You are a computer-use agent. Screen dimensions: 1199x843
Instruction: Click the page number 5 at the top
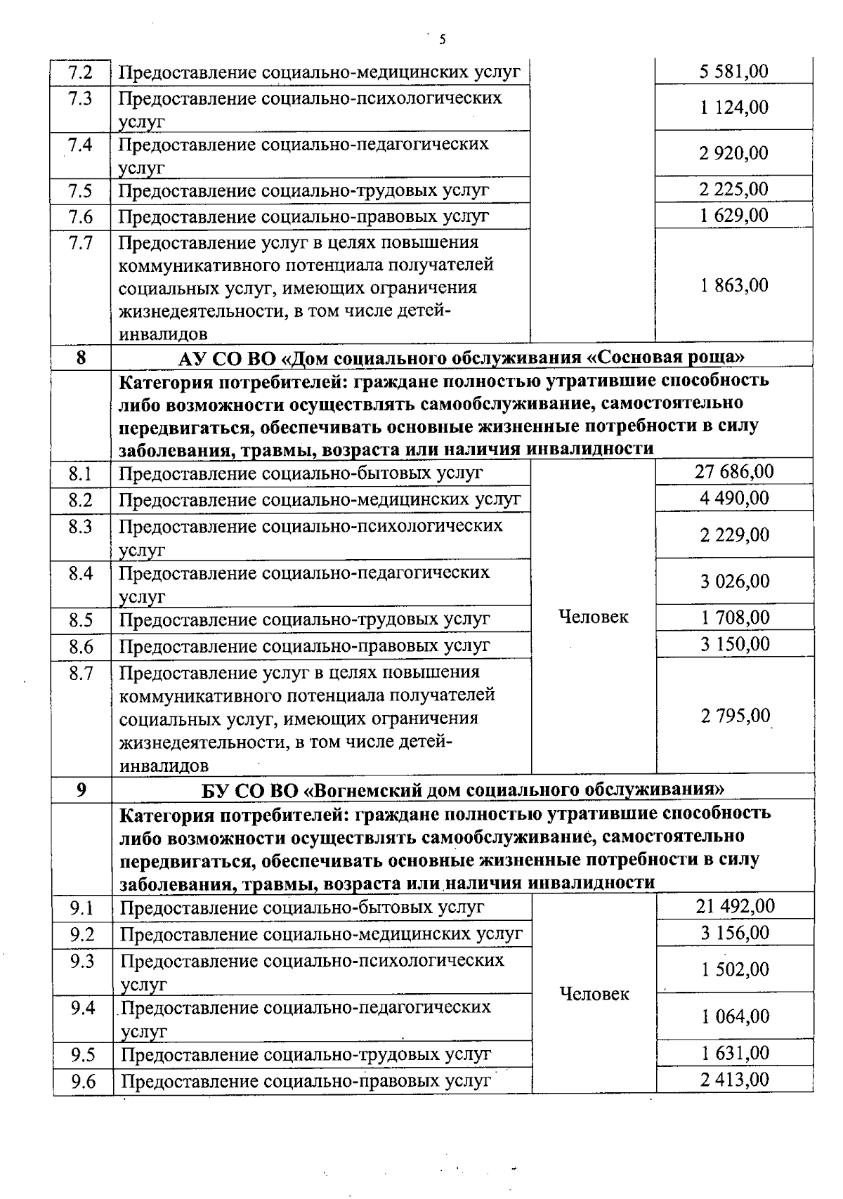click(x=442, y=39)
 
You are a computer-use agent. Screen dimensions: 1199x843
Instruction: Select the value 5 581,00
click(x=734, y=72)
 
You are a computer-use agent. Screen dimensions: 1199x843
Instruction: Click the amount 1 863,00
click(x=734, y=285)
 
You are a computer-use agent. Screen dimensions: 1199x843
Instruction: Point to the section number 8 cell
click(x=81, y=358)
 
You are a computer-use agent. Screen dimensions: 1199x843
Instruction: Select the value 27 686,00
click(x=734, y=471)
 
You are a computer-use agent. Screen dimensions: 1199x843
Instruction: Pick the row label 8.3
click(x=81, y=527)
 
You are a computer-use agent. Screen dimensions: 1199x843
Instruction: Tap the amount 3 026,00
click(x=734, y=582)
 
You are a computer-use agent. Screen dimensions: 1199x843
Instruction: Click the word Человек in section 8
click(x=593, y=617)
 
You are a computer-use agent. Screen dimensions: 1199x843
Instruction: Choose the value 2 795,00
click(x=735, y=716)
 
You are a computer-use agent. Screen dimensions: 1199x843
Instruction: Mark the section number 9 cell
click(x=81, y=790)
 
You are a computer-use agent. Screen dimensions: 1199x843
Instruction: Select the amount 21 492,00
click(x=735, y=906)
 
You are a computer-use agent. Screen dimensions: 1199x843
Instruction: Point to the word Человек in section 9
click(x=594, y=995)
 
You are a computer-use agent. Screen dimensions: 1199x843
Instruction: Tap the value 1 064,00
click(x=735, y=1016)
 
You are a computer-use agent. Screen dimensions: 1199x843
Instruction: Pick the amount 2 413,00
click(x=735, y=1080)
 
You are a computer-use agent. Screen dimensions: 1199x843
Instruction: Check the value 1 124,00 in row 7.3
click(x=734, y=107)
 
